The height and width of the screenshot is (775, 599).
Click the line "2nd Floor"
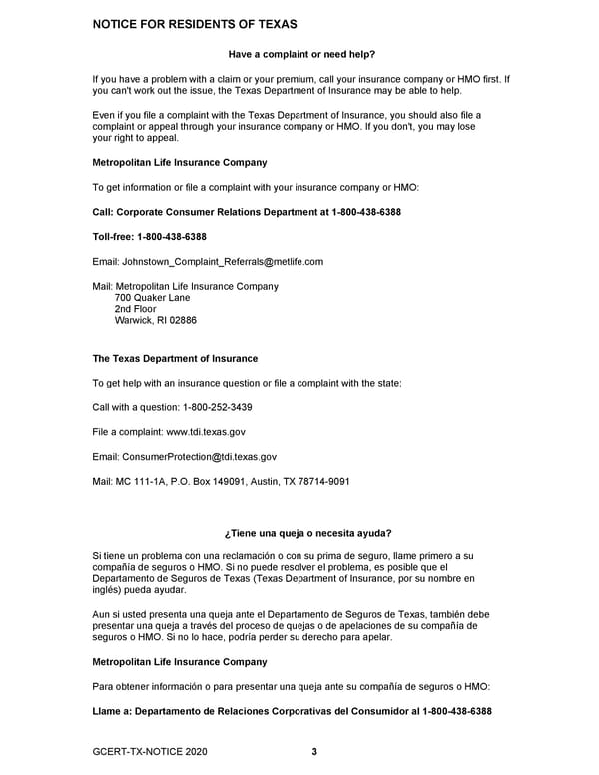pyautogui.click(x=135, y=309)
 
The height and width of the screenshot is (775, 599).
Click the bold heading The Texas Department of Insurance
pyautogui.click(x=175, y=358)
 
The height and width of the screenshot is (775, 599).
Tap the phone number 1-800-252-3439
pyautogui.click(x=217, y=407)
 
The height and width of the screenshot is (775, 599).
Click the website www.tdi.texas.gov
pyautogui.click(x=205, y=432)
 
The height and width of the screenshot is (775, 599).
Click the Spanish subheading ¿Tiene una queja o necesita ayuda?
pyautogui.click(x=306, y=533)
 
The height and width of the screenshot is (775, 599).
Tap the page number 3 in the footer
pyautogui.click(x=313, y=752)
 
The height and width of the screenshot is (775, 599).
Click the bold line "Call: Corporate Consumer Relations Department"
pyautogui.click(x=247, y=212)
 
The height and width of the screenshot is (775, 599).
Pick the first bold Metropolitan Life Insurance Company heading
pyautogui.click(x=179, y=162)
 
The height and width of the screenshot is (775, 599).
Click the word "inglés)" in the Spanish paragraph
pyautogui.click(x=108, y=589)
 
